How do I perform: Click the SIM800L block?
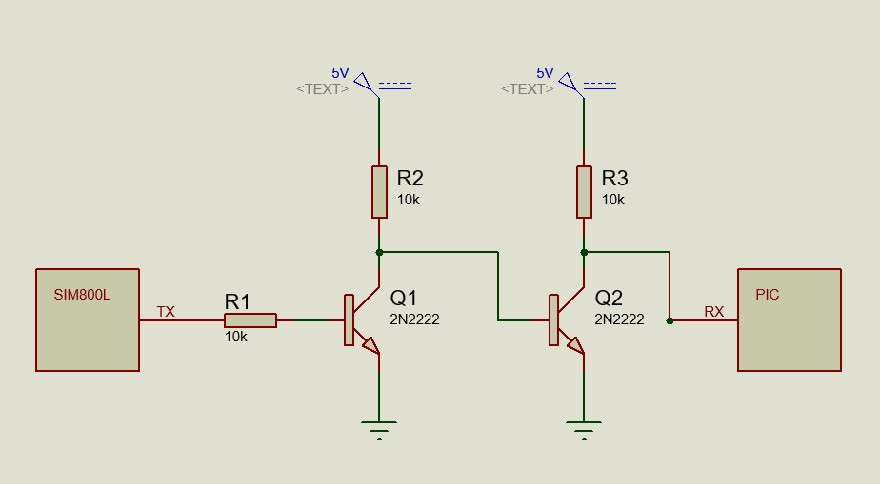click(x=88, y=319)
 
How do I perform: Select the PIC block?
click(x=790, y=319)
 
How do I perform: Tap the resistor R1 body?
click(x=250, y=320)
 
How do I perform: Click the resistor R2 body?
click(x=379, y=192)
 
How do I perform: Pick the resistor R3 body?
click(x=584, y=192)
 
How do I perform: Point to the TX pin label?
click(x=166, y=312)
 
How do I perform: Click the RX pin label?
click(x=714, y=312)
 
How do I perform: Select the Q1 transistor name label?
click(x=404, y=298)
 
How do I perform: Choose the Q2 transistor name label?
click(x=609, y=298)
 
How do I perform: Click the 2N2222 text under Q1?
click(x=414, y=319)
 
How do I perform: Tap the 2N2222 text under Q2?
click(x=620, y=319)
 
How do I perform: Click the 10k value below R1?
click(x=236, y=337)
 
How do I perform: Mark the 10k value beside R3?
click(x=613, y=200)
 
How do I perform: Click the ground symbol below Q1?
click(x=379, y=430)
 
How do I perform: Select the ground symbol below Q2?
click(x=584, y=430)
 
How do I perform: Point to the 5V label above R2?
click(x=340, y=73)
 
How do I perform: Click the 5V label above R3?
click(x=545, y=73)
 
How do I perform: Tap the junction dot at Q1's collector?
click(x=379, y=253)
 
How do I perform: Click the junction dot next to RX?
click(x=670, y=321)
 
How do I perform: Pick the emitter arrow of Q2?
click(x=576, y=345)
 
